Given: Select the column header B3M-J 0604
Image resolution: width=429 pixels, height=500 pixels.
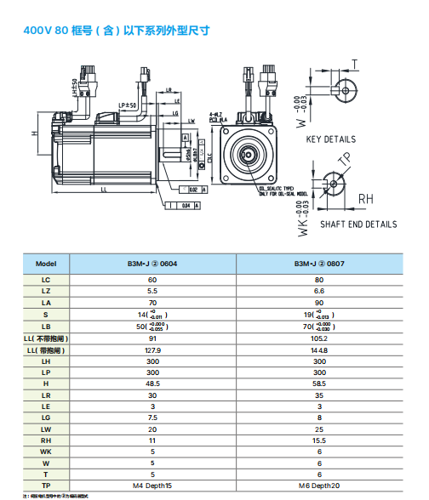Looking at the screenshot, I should click(x=152, y=264).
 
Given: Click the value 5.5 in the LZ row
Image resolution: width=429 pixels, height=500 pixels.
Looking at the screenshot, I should click(x=152, y=291).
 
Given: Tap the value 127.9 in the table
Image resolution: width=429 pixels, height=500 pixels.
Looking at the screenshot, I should click(x=152, y=349).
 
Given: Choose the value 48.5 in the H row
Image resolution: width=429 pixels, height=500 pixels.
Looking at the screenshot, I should click(x=152, y=384).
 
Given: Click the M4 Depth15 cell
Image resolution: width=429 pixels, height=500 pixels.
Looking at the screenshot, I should click(x=152, y=486).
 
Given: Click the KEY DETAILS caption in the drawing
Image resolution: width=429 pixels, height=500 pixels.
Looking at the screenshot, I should click(x=331, y=139).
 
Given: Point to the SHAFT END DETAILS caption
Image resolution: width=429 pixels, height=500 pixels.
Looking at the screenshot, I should click(x=357, y=224).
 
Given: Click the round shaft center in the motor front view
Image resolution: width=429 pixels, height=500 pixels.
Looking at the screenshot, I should click(x=248, y=156).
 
